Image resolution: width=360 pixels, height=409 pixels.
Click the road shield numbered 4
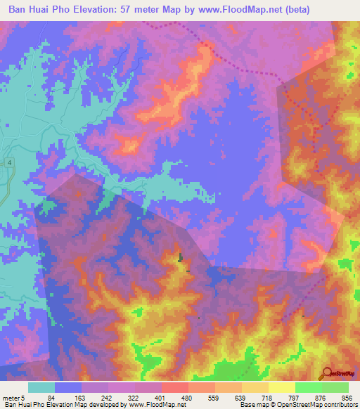pos(10,162)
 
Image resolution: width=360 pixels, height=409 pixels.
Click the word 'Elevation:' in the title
pos(108,9)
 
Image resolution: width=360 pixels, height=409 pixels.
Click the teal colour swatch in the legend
pos(41,387)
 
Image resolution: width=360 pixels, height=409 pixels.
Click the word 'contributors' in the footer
pos(338,405)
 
